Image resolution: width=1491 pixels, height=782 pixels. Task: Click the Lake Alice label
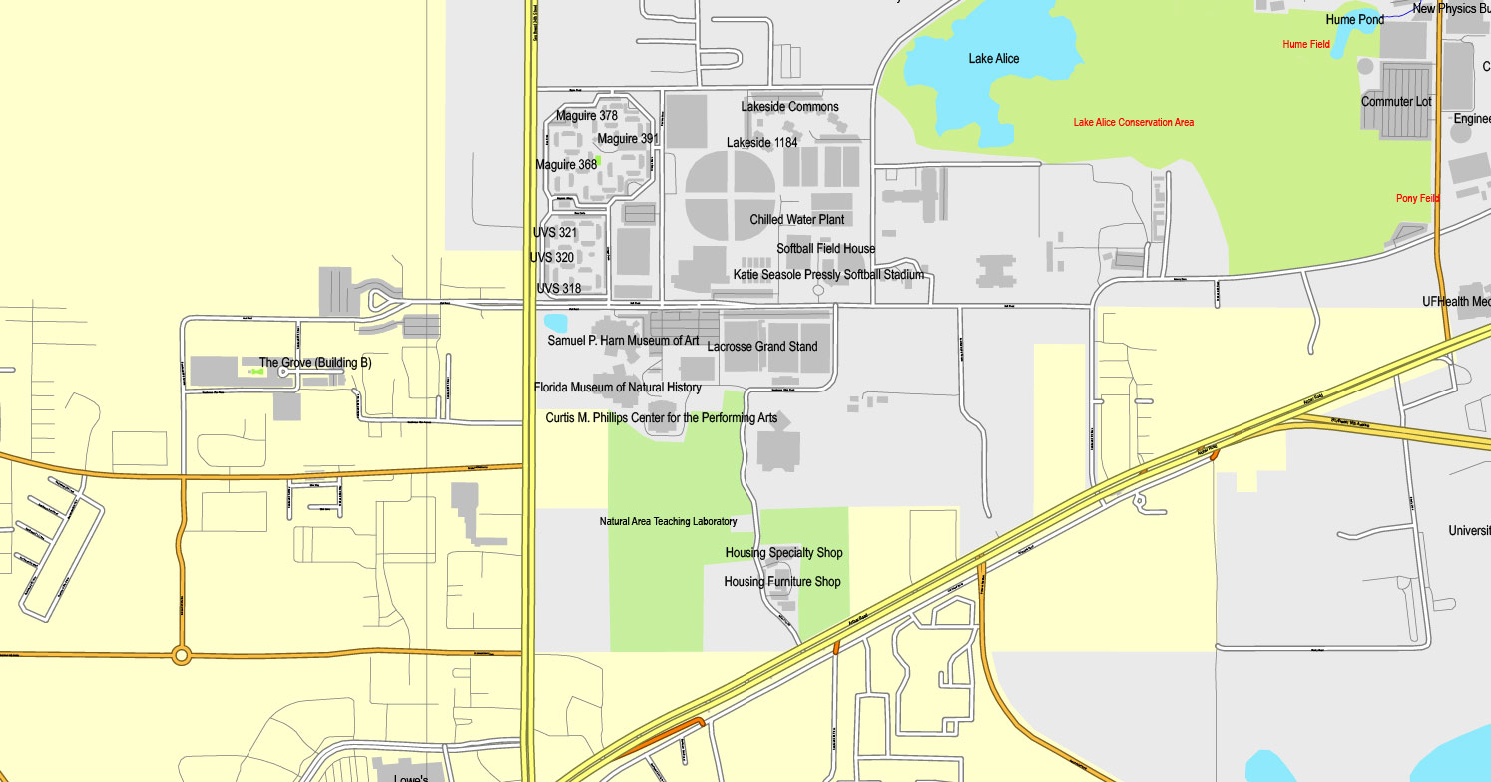tap(993, 59)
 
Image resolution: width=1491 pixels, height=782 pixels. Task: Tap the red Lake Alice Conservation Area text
tap(1133, 123)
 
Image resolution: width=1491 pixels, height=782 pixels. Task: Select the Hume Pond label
tap(1354, 20)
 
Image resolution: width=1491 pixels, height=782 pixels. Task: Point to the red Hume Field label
tap(1306, 44)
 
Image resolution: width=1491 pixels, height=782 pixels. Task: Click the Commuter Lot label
tap(1396, 102)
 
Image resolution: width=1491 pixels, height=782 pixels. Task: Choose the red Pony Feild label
tap(1417, 199)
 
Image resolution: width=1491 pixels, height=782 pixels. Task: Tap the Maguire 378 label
tap(587, 116)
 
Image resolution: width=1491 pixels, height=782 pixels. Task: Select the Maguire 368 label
tap(566, 165)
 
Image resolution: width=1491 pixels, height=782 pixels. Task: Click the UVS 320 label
tap(552, 258)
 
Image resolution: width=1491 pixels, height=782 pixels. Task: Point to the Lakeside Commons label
tap(789, 107)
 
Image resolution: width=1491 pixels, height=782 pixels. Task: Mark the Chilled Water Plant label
tap(797, 220)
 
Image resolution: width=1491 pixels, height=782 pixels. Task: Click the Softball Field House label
tap(826, 249)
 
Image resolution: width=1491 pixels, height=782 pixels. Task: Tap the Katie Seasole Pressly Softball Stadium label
tap(828, 275)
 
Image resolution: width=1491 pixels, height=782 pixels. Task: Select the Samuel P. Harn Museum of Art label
tap(623, 341)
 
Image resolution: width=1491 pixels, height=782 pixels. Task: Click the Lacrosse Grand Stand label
tap(762, 347)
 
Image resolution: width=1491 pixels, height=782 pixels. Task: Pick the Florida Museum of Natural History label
tap(617, 388)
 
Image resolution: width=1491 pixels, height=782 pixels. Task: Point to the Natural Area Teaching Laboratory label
tap(668, 522)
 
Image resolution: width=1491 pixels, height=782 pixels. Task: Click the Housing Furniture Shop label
tap(781, 582)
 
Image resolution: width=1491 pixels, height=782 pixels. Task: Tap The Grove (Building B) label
tap(315, 364)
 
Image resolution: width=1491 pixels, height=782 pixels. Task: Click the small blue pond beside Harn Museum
tap(555, 323)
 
